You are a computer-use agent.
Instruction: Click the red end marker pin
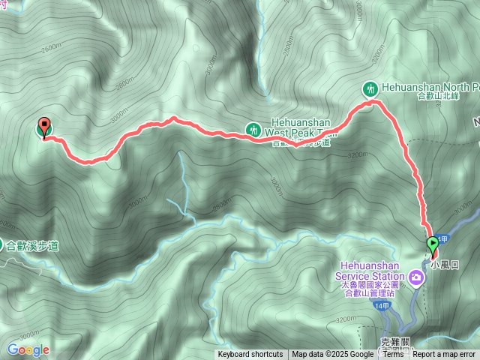44,128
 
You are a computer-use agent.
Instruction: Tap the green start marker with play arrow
433,244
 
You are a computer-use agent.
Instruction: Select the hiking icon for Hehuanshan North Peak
370,88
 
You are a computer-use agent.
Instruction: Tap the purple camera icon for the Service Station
416,279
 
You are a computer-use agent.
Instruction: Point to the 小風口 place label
444,265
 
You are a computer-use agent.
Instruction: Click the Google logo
28,349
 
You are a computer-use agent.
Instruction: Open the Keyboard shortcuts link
250,355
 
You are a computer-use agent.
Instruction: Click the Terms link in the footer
393,355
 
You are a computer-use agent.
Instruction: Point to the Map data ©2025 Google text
332,355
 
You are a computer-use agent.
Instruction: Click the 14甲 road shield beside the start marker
442,239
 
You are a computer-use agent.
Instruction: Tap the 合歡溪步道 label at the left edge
33,245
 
